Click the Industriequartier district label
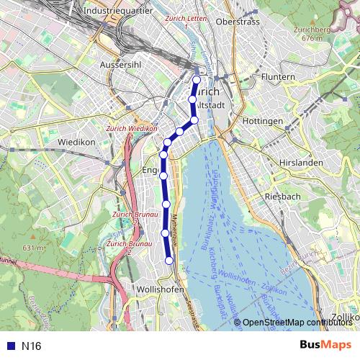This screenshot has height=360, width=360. pyautogui.click(x=116, y=12)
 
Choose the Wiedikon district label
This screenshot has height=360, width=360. pyautogui.click(x=76, y=142)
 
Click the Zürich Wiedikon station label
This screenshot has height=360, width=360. pyautogui.click(x=131, y=129)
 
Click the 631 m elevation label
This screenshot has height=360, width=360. pyautogui.click(x=33, y=248)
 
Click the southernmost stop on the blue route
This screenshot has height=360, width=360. pyautogui.click(x=170, y=261)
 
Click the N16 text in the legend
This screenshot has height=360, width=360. pyautogui.click(x=31, y=346)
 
